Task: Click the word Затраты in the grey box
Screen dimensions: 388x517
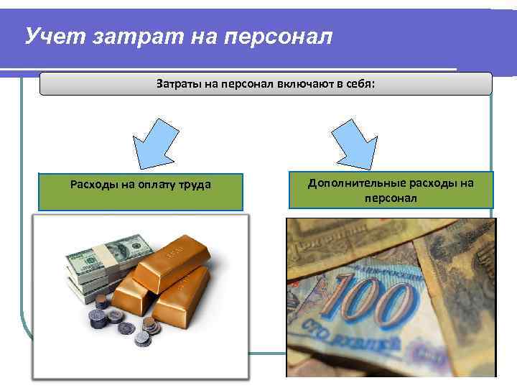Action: pos(180,84)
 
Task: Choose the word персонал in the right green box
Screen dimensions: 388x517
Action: pos(391,197)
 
